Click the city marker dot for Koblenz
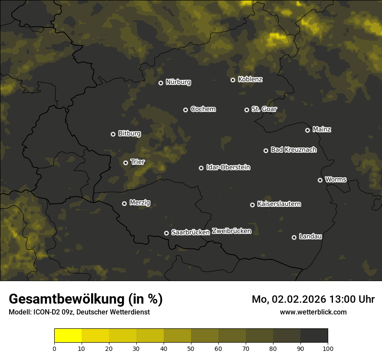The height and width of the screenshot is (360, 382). (x=233, y=80)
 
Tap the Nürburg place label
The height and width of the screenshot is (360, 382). (x=178, y=82)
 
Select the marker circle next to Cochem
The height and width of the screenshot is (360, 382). (x=185, y=110)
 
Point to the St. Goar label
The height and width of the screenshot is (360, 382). (x=264, y=109)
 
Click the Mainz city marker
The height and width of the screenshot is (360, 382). (x=307, y=130)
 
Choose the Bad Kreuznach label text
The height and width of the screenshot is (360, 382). (x=293, y=150)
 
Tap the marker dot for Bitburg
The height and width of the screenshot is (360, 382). (x=113, y=134)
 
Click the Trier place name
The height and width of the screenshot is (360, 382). (x=138, y=162)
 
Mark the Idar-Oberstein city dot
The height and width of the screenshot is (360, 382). (x=201, y=168)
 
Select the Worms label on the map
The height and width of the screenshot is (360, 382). (x=336, y=179)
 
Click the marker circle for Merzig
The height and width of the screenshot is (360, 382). (x=124, y=203)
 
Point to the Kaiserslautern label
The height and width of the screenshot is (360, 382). (x=279, y=204)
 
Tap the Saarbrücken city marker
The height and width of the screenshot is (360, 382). (x=166, y=233)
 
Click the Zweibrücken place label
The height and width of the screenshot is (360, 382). (x=231, y=231)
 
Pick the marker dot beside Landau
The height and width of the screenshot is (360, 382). (x=294, y=237)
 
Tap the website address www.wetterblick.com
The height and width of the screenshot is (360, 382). (x=313, y=312)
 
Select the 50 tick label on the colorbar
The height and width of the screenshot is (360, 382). (x=191, y=348)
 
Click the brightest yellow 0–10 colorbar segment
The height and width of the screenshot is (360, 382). (x=68, y=336)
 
